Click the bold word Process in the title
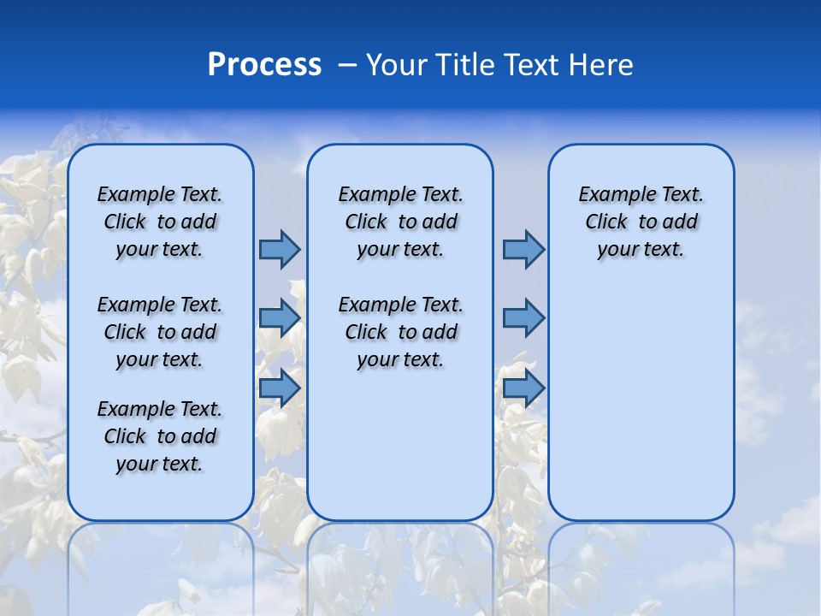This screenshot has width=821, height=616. click(x=264, y=65)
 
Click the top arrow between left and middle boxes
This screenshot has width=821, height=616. click(x=280, y=249)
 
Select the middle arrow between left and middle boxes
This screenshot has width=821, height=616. click(x=280, y=318)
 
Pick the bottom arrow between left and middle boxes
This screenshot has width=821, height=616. click(x=280, y=388)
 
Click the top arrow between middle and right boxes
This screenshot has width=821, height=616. click(x=523, y=249)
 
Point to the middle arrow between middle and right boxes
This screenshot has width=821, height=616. click(x=523, y=318)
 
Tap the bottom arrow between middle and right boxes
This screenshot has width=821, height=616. click(x=523, y=388)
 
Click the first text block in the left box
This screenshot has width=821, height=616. click(x=160, y=222)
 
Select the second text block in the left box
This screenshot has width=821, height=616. click(x=160, y=332)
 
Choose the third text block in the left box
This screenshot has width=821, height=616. click(x=160, y=436)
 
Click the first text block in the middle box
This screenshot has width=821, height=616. click(x=400, y=222)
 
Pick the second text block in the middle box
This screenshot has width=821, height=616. click(x=400, y=332)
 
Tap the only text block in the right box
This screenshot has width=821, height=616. click(x=641, y=222)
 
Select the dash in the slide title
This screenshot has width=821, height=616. click(x=347, y=65)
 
